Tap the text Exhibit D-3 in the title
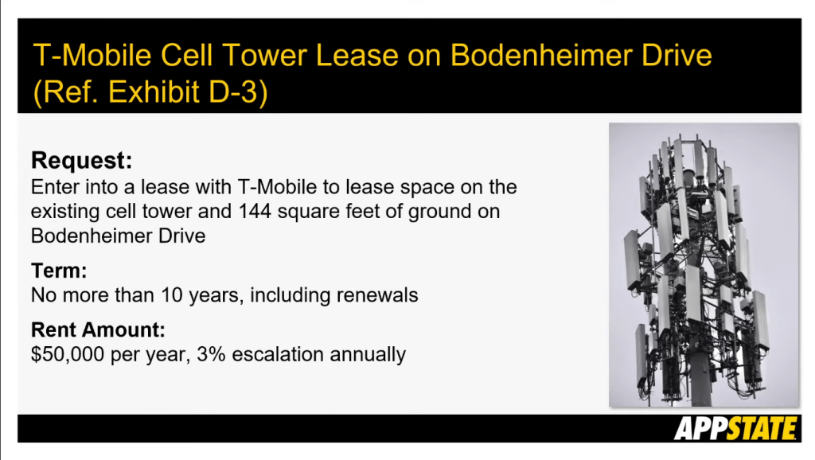pos(183,92)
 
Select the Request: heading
pos(82,160)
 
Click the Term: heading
pos(59,271)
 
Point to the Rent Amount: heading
pos(98,330)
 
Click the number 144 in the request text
pos(255,212)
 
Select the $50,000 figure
pos(68,354)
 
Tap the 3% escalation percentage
pos(211,354)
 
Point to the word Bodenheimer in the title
pos(541,55)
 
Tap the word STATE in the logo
pos(761,429)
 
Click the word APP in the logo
pos(700,429)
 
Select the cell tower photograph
pos(704,264)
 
